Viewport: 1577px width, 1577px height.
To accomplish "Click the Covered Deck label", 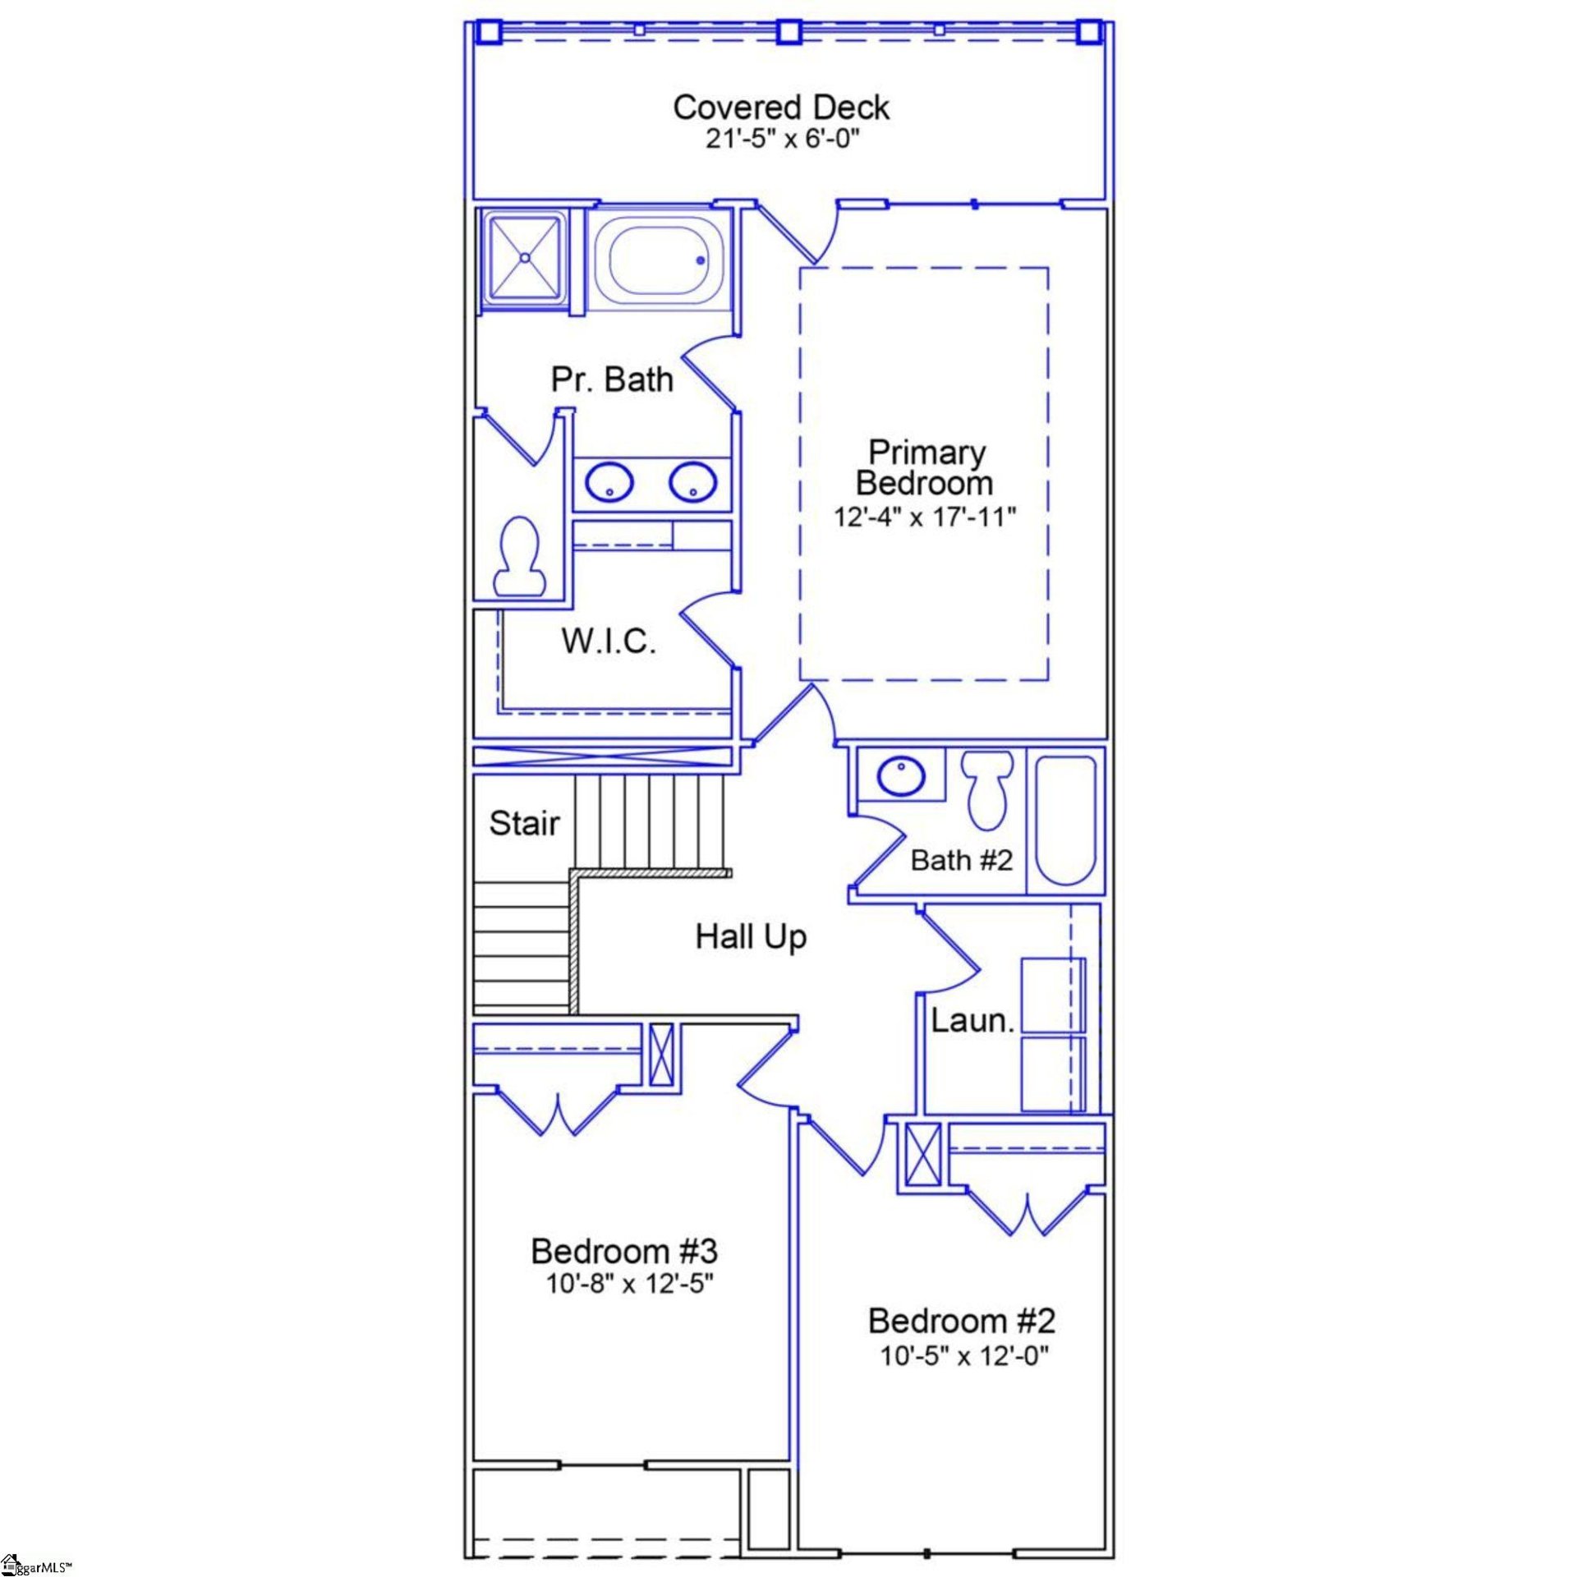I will coord(780,108).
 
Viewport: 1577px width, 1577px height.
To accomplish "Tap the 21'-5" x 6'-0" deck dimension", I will coord(780,139).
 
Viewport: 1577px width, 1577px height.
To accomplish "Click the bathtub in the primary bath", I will coord(658,260).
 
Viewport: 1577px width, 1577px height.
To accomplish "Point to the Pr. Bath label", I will coord(612,379).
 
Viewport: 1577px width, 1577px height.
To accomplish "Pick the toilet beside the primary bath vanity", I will coord(519,556).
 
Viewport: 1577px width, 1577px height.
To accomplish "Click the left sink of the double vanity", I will coord(609,482).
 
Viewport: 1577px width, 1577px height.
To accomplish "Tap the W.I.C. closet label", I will coord(609,641).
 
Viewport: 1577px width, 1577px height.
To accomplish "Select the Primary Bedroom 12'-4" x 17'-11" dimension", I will coord(925,517).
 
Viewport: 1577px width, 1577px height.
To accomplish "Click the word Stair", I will coord(524,823).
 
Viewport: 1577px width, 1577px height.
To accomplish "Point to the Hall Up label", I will coord(751,937).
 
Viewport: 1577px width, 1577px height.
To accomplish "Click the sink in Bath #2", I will coord(901,775).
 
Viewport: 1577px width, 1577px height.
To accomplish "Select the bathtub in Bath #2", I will coord(1065,820).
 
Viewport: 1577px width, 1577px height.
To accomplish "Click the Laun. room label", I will coord(972,1021).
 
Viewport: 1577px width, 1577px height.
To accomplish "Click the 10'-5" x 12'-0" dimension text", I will coord(964,1355).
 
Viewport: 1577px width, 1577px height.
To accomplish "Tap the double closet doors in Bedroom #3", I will coord(558,1113).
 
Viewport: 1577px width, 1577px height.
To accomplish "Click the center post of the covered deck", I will coord(788,31).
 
